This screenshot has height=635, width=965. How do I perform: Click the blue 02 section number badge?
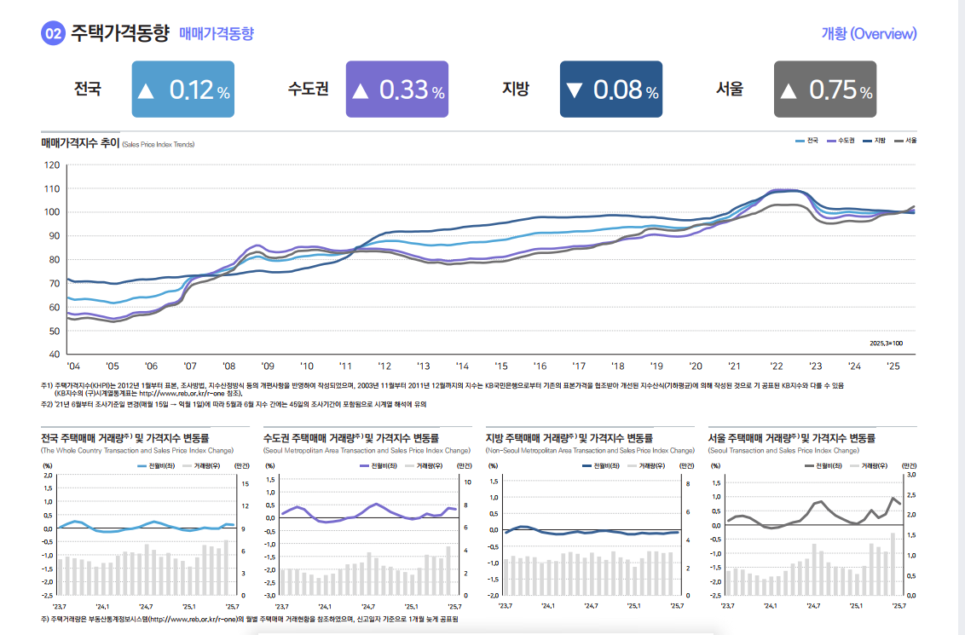(53, 33)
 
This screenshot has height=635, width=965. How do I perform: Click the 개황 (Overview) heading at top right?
(869, 33)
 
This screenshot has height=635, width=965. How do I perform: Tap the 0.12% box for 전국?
(183, 89)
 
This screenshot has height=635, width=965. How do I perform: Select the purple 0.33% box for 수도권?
(396, 89)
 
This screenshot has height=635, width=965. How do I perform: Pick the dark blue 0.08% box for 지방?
(610, 89)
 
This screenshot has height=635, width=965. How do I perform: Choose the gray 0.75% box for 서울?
(824, 89)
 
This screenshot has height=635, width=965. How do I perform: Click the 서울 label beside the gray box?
(730, 89)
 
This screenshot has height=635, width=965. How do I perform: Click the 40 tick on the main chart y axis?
(54, 354)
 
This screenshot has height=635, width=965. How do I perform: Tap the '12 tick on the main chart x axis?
(384, 366)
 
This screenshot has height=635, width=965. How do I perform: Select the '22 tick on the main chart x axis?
(776, 366)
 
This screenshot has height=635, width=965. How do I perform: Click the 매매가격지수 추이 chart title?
(80, 143)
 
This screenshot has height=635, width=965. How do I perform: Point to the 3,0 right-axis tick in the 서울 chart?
(910, 474)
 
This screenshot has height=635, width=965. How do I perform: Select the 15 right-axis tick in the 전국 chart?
(245, 483)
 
